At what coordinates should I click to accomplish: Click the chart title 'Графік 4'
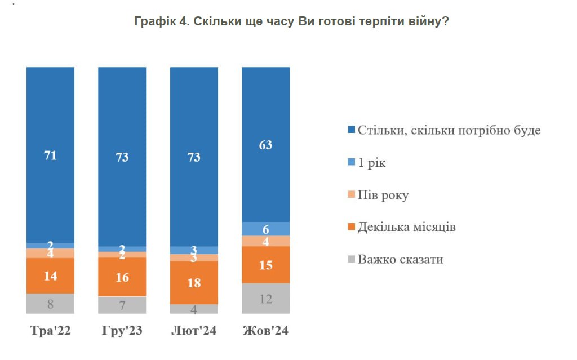[291, 21]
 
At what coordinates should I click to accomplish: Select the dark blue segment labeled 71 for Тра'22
[50, 155]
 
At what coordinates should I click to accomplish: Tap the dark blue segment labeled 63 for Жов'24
[265, 145]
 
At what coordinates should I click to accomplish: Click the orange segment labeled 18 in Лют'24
[194, 283]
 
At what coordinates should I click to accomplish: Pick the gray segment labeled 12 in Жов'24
[265, 299]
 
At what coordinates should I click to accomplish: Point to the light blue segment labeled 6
[265, 229]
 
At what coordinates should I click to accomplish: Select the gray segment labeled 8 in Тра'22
[50, 304]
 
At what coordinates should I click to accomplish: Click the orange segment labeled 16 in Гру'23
[122, 277]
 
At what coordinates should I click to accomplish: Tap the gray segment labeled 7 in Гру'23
[122, 305]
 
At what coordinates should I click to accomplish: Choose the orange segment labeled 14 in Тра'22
[50, 275]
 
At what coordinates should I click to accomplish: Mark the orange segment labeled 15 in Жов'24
[265, 265]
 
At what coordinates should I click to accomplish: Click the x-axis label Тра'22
[50, 331]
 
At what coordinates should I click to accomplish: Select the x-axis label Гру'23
[122, 331]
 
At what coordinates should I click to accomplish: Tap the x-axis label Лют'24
[194, 331]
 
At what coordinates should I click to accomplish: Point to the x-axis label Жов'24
[265, 331]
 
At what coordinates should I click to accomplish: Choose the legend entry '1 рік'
[372, 163]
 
